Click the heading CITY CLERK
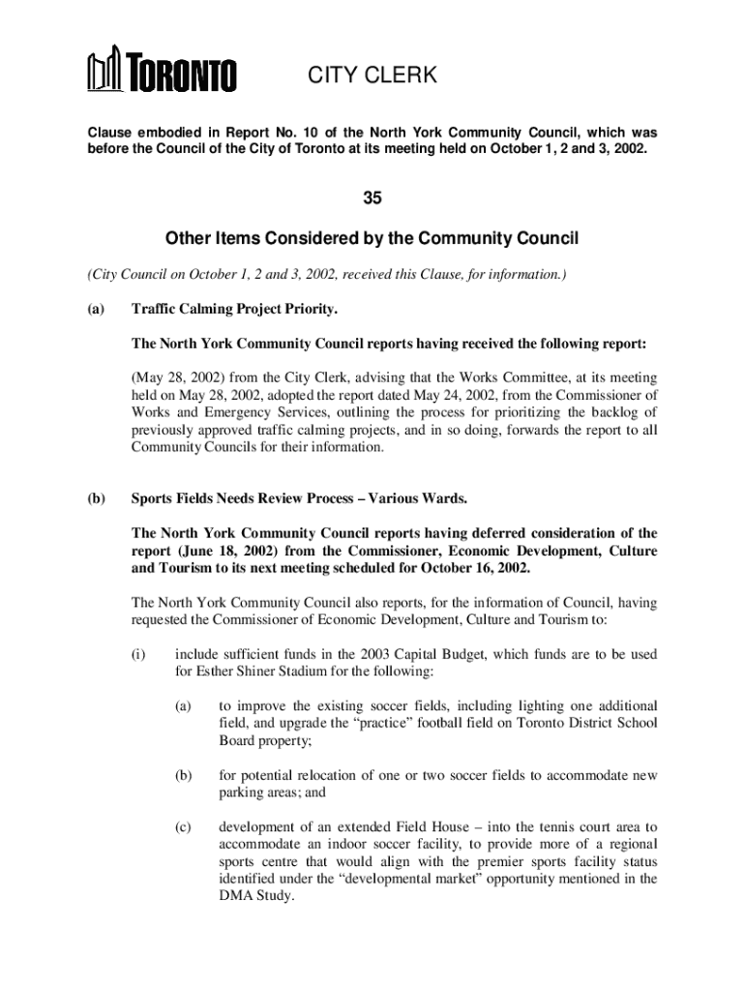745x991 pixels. [372, 75]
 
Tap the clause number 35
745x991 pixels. [372, 198]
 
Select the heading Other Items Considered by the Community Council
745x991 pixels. [372, 239]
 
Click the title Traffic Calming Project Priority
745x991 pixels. [234, 310]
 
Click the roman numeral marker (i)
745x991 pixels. [138, 653]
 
